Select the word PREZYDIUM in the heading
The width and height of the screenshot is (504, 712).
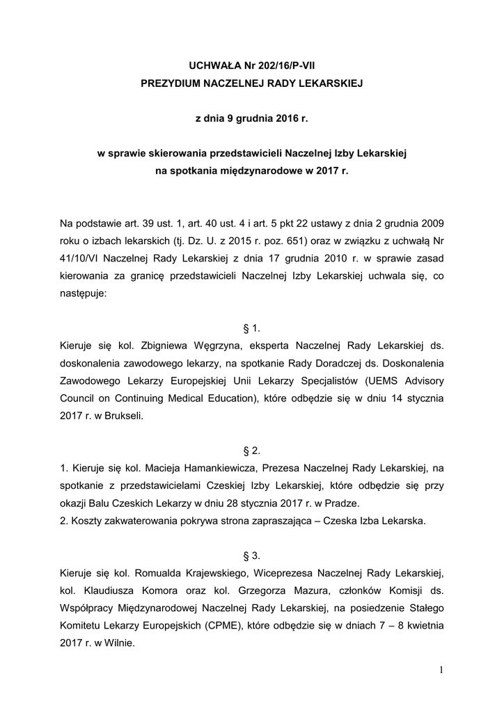tap(171, 83)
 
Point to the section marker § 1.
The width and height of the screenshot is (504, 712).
tap(252, 327)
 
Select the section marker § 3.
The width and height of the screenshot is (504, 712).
tap(252, 555)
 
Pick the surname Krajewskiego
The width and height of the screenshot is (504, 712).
tap(209, 573)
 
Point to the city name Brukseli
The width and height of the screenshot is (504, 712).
tap(124, 418)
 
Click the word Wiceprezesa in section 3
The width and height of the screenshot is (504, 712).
tap(282, 573)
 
